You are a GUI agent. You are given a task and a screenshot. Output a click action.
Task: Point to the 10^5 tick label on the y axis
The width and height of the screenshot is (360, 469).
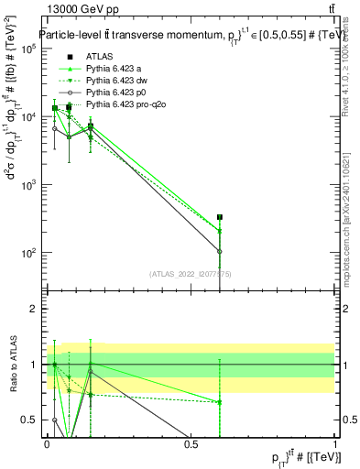point(28,49)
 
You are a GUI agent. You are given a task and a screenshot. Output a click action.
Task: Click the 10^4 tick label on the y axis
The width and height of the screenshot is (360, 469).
point(28,116)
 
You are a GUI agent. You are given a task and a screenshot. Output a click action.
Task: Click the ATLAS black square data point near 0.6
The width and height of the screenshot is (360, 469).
point(220,218)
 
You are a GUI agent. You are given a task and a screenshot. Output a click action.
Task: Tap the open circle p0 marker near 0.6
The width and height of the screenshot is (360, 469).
point(220,251)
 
